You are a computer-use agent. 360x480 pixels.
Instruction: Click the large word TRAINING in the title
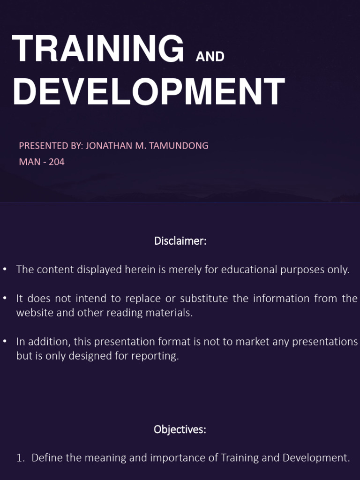click(x=98, y=49)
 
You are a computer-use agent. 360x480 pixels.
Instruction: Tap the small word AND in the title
click(x=210, y=57)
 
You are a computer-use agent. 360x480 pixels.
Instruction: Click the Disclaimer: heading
click(x=180, y=241)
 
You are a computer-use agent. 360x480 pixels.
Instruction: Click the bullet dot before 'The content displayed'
click(x=5, y=270)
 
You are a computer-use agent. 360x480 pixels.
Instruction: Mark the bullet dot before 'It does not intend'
click(x=5, y=299)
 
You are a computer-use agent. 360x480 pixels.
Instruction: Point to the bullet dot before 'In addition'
click(x=5, y=342)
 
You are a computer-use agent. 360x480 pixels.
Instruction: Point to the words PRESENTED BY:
click(x=51, y=146)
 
